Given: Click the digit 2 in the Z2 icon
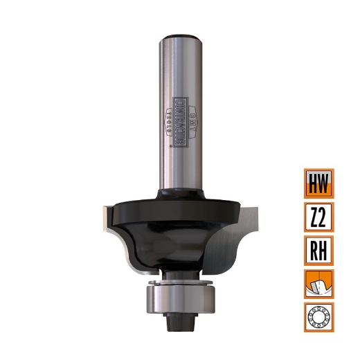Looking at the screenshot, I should (325, 217).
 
